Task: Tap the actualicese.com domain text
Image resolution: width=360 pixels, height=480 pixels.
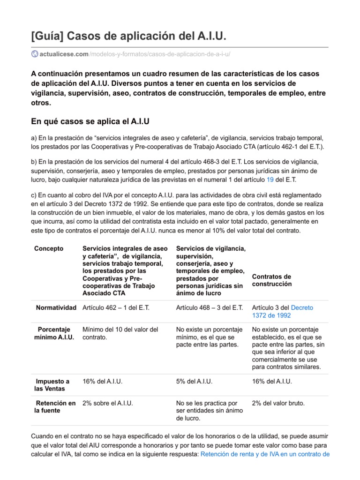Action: [64, 54]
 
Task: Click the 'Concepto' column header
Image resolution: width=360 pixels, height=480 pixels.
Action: [49, 248]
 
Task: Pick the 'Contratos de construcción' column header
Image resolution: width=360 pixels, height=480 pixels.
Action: [271, 280]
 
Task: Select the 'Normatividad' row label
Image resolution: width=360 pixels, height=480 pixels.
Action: [56, 307]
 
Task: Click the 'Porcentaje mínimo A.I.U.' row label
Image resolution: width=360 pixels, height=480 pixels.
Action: [54, 333]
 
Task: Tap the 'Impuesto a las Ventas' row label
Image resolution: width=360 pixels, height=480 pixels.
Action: [52, 385]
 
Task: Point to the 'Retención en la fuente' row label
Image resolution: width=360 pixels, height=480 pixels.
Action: [54, 407]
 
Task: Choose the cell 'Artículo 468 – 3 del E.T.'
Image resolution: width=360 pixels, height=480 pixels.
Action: [209, 307]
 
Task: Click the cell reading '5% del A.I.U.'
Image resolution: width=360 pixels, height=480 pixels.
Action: [195, 382]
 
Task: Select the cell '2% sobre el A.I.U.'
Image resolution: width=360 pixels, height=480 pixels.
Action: [107, 403]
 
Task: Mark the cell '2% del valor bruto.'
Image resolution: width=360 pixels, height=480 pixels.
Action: [278, 403]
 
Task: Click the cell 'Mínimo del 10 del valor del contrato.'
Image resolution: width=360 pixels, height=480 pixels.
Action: [120, 333]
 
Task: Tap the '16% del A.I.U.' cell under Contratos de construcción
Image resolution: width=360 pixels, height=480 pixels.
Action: [272, 382]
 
